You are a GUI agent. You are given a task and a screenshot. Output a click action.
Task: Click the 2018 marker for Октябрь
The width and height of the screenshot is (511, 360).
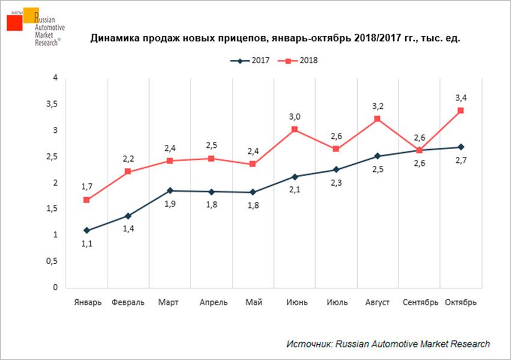(x=461, y=111)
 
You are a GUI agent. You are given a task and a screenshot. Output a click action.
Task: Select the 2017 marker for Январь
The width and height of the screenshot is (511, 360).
(x=87, y=230)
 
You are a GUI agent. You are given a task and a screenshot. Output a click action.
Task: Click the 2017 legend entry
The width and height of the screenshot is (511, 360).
(x=248, y=61)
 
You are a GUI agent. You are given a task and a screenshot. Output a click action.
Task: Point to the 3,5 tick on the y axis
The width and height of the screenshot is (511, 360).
(x=55, y=104)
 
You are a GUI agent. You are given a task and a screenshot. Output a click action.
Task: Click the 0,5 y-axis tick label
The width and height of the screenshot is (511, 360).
(x=55, y=261)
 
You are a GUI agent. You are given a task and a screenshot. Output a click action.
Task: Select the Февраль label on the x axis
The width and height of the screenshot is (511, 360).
(x=128, y=302)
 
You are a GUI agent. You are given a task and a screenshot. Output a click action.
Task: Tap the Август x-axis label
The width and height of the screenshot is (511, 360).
(x=378, y=302)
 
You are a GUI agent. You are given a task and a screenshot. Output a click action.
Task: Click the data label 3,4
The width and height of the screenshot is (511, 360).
(x=461, y=97)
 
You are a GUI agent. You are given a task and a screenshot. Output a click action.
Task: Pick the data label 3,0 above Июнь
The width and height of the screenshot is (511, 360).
(x=295, y=116)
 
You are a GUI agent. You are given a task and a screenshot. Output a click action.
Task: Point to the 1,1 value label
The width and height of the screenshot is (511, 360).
(x=87, y=244)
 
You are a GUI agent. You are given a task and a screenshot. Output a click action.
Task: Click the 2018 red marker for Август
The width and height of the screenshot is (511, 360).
(x=378, y=119)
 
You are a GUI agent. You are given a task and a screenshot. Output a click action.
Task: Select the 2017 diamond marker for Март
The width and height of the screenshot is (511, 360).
(x=170, y=191)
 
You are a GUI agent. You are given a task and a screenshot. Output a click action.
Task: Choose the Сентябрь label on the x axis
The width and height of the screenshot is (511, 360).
(x=419, y=302)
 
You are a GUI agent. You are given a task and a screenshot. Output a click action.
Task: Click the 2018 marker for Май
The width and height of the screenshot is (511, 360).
(x=253, y=164)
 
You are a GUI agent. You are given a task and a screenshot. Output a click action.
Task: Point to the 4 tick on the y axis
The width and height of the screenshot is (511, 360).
(x=55, y=78)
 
